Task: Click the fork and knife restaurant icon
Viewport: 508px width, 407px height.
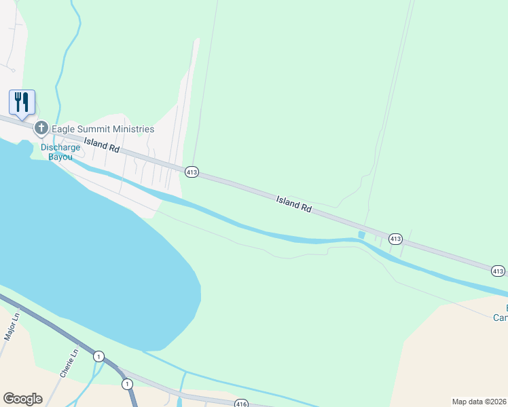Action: click(x=22, y=102)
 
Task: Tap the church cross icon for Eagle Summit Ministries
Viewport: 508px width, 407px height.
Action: click(x=41, y=128)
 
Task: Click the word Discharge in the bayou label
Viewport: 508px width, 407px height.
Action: click(x=60, y=147)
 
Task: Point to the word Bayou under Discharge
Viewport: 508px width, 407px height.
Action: click(x=60, y=157)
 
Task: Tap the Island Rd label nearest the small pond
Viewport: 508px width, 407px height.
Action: click(x=293, y=204)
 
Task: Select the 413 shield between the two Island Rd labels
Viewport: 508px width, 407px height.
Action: click(x=192, y=173)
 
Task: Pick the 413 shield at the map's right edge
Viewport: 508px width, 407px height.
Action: click(x=498, y=271)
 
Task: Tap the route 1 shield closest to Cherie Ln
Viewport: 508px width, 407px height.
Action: click(x=99, y=356)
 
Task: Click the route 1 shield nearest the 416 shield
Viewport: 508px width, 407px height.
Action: click(x=127, y=384)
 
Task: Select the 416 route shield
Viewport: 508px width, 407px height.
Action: click(x=241, y=404)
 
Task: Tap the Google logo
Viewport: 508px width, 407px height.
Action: click(x=22, y=399)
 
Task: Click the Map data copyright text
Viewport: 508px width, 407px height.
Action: click(x=479, y=401)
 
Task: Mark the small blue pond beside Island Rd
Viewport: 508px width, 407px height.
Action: click(x=361, y=235)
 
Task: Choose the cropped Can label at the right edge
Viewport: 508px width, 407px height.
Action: click(x=501, y=317)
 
